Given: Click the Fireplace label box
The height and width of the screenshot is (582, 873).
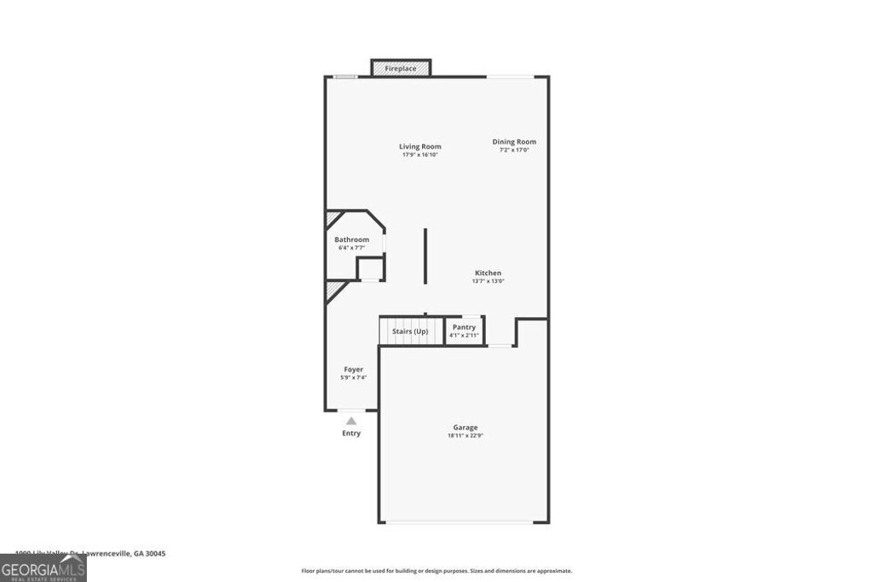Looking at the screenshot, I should (x=401, y=67).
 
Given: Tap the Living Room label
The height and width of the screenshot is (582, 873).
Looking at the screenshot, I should (x=420, y=147).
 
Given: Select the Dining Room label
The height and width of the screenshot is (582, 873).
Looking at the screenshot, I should (x=514, y=141).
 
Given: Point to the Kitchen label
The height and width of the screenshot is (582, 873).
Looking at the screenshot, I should (x=489, y=273).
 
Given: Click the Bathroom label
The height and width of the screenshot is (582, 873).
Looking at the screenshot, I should (x=352, y=239).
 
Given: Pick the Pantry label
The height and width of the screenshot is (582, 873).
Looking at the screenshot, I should (x=465, y=327).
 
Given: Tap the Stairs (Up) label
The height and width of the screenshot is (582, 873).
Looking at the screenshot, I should (x=410, y=331).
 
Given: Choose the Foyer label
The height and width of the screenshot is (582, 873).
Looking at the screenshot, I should (x=354, y=369).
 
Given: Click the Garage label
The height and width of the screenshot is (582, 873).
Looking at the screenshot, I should (x=465, y=427).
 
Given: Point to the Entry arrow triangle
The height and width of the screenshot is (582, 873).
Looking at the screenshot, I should (x=351, y=420).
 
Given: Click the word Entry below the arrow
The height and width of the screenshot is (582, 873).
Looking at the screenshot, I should (x=351, y=433).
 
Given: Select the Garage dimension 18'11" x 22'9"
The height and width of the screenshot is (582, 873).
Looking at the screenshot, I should (x=465, y=435).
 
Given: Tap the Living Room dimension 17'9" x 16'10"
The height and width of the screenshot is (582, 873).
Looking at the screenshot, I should (x=420, y=155).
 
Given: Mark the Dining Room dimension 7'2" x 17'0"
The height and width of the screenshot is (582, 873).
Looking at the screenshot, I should (x=514, y=150).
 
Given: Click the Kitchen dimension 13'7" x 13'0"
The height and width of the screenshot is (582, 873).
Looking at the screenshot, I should (x=489, y=281).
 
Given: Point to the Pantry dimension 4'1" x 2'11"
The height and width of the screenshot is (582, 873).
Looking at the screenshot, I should (x=465, y=336).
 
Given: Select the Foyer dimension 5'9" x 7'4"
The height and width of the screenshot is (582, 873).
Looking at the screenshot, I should (x=354, y=377).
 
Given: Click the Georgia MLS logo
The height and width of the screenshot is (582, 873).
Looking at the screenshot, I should (x=43, y=568).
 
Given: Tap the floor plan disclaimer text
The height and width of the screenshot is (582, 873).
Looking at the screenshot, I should (x=436, y=571).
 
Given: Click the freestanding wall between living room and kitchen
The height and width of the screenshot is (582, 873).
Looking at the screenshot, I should (x=425, y=256).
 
